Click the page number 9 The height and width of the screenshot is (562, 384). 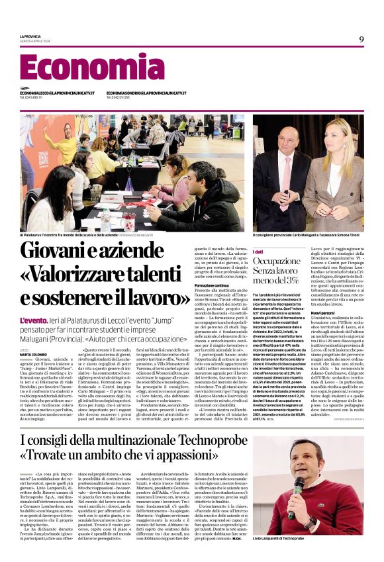361,40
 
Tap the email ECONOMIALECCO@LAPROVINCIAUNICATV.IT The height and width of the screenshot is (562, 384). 57,93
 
